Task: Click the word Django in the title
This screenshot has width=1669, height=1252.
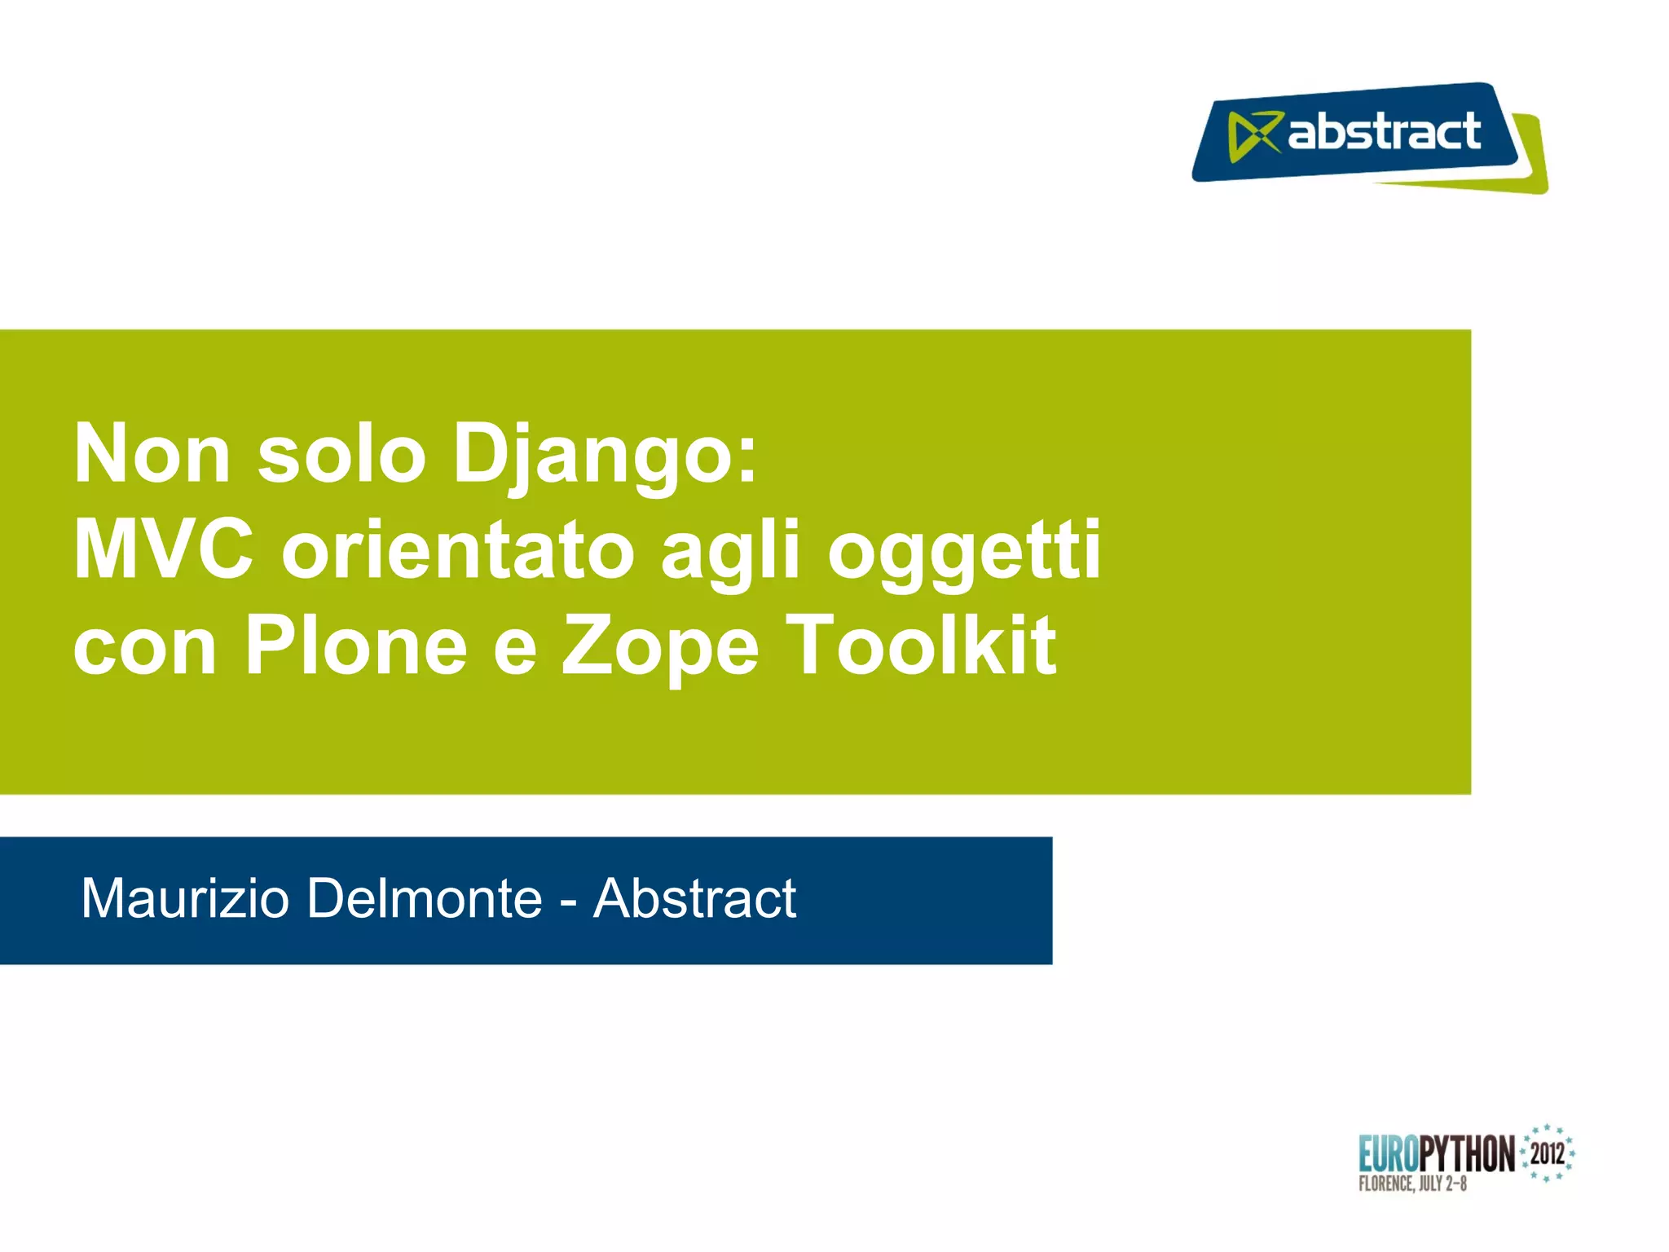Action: click(603, 456)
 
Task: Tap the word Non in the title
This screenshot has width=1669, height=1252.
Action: click(152, 455)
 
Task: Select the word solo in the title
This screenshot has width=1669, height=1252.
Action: click(341, 455)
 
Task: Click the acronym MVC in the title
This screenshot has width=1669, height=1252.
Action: click(163, 551)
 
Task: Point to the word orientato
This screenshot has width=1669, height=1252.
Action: click(457, 551)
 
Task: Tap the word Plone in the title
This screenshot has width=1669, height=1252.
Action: click(356, 646)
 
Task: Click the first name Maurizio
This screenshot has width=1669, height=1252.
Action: click(185, 898)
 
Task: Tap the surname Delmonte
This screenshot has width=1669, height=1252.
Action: click(425, 898)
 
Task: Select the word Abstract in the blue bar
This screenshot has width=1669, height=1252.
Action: click(694, 898)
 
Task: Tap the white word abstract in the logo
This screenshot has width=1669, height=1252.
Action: click(1384, 132)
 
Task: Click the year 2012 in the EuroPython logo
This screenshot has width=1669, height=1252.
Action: click(1547, 1153)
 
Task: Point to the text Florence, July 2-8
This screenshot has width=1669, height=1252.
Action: click(1412, 1184)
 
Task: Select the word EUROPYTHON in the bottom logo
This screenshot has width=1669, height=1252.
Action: click(1436, 1153)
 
